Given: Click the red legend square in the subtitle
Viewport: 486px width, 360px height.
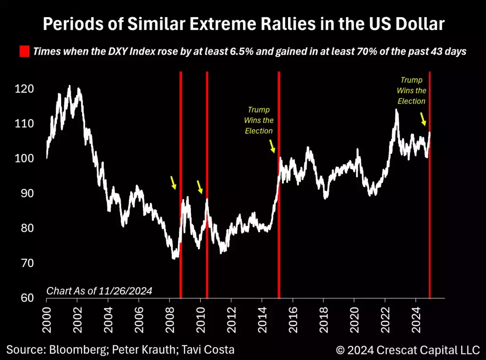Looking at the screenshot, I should click(x=24, y=51).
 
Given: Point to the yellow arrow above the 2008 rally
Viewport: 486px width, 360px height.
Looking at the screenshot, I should click(x=173, y=182).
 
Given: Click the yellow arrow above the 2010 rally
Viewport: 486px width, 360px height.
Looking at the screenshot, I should click(x=200, y=187).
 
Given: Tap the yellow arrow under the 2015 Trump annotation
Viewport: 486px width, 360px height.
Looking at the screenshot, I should click(x=272, y=146).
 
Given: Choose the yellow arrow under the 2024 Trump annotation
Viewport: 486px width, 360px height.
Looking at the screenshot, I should click(x=423, y=119).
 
